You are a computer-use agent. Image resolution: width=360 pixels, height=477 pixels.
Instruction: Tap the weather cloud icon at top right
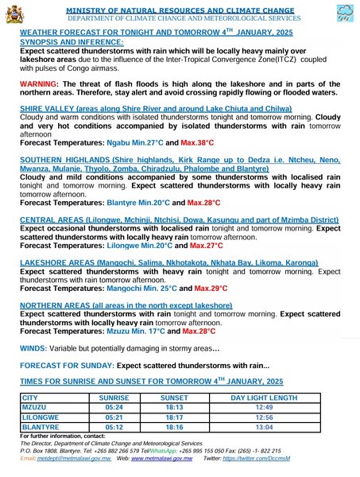[x=345, y=14]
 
